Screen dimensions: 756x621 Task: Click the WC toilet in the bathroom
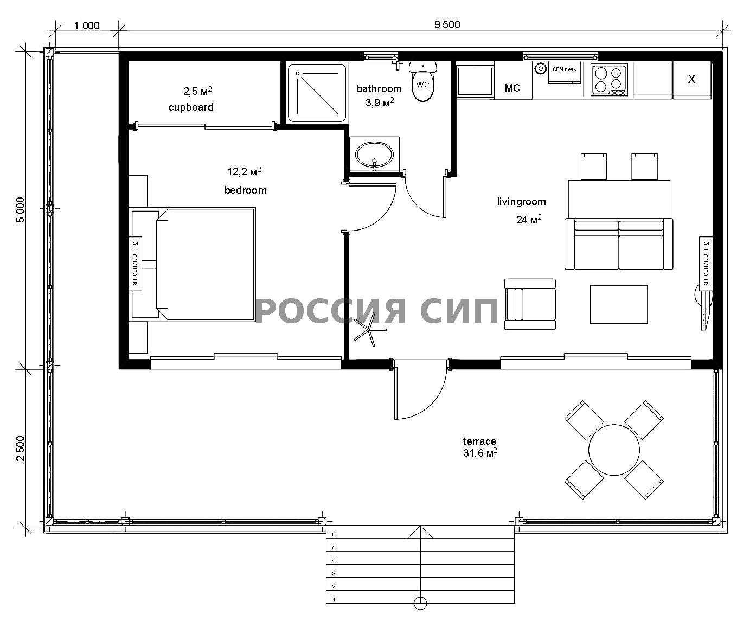click(x=422, y=81)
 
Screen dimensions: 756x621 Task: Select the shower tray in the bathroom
click(x=317, y=93)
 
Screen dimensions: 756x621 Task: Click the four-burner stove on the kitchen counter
click(x=609, y=80)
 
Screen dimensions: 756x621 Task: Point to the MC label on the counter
click(x=512, y=88)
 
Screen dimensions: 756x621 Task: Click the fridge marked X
click(x=692, y=79)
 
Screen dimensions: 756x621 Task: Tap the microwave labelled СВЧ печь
click(x=564, y=72)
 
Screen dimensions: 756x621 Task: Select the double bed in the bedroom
click(x=206, y=264)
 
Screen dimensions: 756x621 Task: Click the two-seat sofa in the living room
click(x=619, y=244)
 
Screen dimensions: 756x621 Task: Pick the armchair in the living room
click(x=530, y=304)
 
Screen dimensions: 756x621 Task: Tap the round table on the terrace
click(x=614, y=450)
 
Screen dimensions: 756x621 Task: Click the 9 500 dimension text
click(x=447, y=24)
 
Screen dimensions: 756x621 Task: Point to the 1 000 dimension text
click(x=87, y=25)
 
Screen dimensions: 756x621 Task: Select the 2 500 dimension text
click(x=21, y=448)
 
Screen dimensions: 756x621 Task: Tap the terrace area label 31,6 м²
click(x=479, y=453)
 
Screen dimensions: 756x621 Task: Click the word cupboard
click(x=191, y=107)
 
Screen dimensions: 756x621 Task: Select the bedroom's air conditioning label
click(x=135, y=263)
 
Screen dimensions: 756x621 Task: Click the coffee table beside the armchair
click(x=619, y=304)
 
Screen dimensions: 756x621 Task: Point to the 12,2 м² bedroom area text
click(x=245, y=171)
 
